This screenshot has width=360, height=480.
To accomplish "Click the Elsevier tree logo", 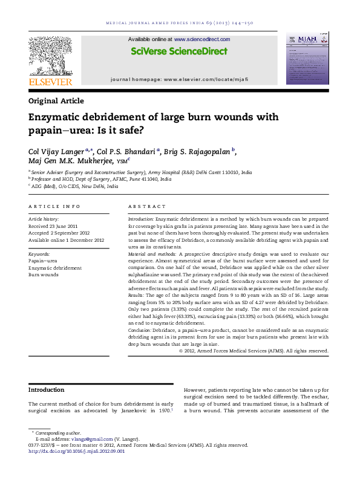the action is point(50,56).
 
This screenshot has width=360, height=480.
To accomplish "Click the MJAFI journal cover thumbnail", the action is point(307,59).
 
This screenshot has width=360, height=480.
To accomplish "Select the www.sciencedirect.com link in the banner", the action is point(202,39).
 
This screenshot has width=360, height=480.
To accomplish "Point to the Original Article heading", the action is point(56,101).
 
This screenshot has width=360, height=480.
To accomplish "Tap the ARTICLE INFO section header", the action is point(54,206).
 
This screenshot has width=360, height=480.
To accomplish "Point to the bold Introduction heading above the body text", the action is point(47,390).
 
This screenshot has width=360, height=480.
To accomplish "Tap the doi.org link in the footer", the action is point(77,451).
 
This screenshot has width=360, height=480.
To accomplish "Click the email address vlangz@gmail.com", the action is point(87,439).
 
